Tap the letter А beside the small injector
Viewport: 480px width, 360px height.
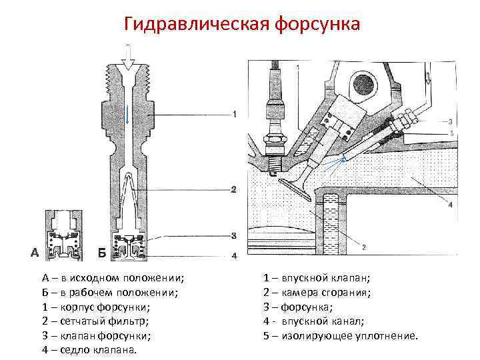click(x=34, y=253)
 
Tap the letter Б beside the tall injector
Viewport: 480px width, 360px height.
click(x=101, y=253)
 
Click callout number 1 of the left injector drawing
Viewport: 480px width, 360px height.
click(x=234, y=115)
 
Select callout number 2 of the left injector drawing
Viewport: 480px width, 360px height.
click(x=233, y=190)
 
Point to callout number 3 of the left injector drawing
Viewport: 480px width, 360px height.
click(x=233, y=235)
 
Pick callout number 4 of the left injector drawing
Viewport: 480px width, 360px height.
click(x=233, y=255)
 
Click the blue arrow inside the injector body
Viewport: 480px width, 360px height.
click(x=127, y=114)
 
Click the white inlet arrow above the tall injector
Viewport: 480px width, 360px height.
click(x=127, y=53)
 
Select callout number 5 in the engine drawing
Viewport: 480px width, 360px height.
click(x=451, y=133)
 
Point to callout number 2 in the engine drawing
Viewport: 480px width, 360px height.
click(x=363, y=247)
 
